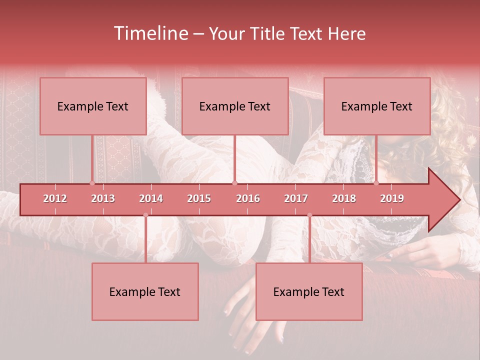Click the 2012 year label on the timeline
pyautogui.click(x=55, y=198)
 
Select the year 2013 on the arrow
pyautogui.click(x=103, y=198)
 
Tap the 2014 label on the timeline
pyautogui.click(x=151, y=198)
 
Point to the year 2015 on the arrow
pyautogui.click(x=199, y=198)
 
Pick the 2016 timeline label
pyautogui.click(x=248, y=198)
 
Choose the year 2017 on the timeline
pyautogui.click(x=296, y=198)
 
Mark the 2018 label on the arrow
pyautogui.click(x=344, y=198)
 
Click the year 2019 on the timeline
pyautogui.click(x=392, y=198)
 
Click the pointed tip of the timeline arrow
pyautogui.click(x=458, y=200)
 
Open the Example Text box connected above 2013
pyautogui.click(x=93, y=106)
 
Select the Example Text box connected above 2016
pyautogui.click(x=235, y=106)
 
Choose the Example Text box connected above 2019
pyautogui.click(x=377, y=106)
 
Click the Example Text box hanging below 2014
pyautogui.click(x=145, y=291)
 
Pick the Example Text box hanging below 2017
pyautogui.click(x=309, y=291)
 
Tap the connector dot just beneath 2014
pyautogui.click(x=145, y=215)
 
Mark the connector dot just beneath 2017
pyautogui.click(x=309, y=215)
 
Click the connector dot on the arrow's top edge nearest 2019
pyautogui.click(x=376, y=183)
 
